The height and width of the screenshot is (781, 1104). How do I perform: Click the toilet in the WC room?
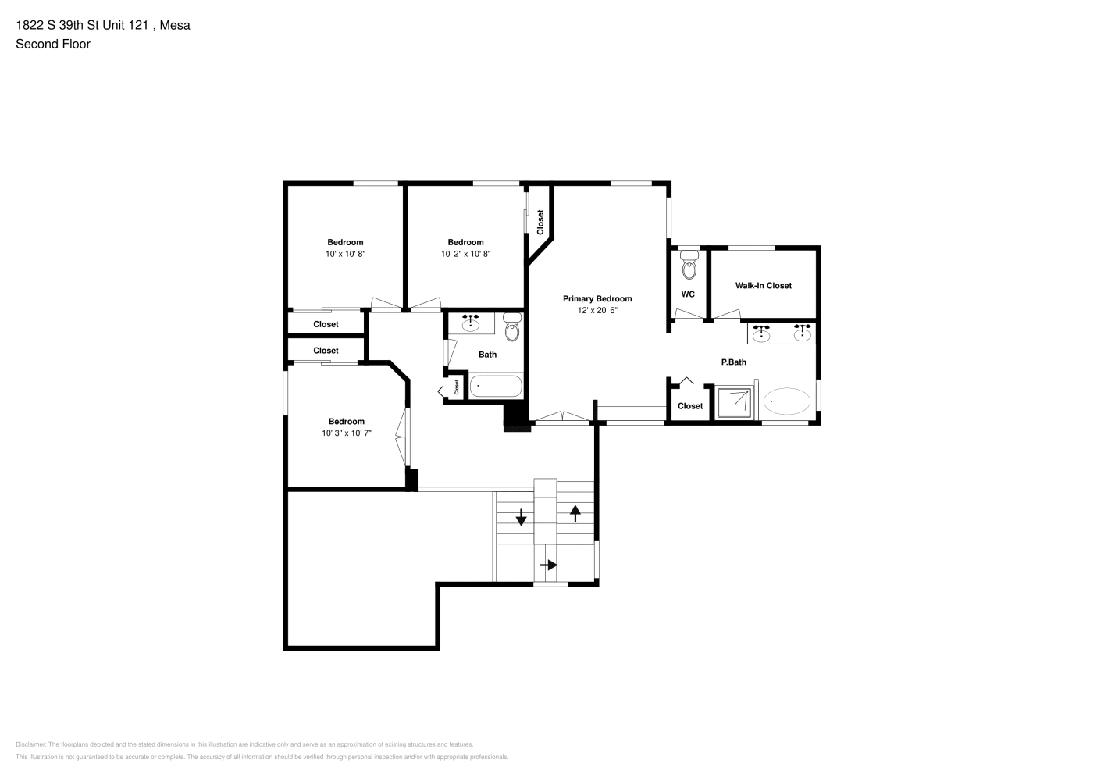tap(689, 266)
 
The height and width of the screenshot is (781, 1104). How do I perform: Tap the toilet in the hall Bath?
tap(512, 327)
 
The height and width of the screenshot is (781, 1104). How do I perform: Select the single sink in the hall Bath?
tap(471, 323)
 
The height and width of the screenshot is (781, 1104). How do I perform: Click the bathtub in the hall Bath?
tap(496, 387)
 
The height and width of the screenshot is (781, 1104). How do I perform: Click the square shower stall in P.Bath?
tap(735, 402)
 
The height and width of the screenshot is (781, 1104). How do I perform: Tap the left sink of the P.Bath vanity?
tap(761, 333)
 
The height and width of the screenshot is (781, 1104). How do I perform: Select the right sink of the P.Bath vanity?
tap(803, 333)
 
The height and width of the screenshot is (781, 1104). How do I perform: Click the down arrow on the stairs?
tap(521, 517)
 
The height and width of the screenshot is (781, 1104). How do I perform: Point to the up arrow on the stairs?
tap(575, 513)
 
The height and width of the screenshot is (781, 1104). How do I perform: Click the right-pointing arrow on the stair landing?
tap(549, 565)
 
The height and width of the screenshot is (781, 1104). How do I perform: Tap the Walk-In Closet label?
tap(764, 286)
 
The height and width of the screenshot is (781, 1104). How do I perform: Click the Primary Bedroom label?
tap(597, 299)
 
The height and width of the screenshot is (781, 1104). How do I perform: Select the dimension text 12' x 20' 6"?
tap(597, 311)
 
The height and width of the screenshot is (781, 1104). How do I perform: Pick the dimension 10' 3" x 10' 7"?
tap(347, 433)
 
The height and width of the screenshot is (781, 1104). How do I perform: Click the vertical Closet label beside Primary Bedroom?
tap(540, 223)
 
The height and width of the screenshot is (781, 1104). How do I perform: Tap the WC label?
tap(688, 294)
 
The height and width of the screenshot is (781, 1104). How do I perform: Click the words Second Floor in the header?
tap(53, 44)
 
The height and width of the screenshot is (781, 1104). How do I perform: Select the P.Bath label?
tap(734, 362)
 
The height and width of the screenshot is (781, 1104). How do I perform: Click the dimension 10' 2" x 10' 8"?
tap(466, 254)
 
